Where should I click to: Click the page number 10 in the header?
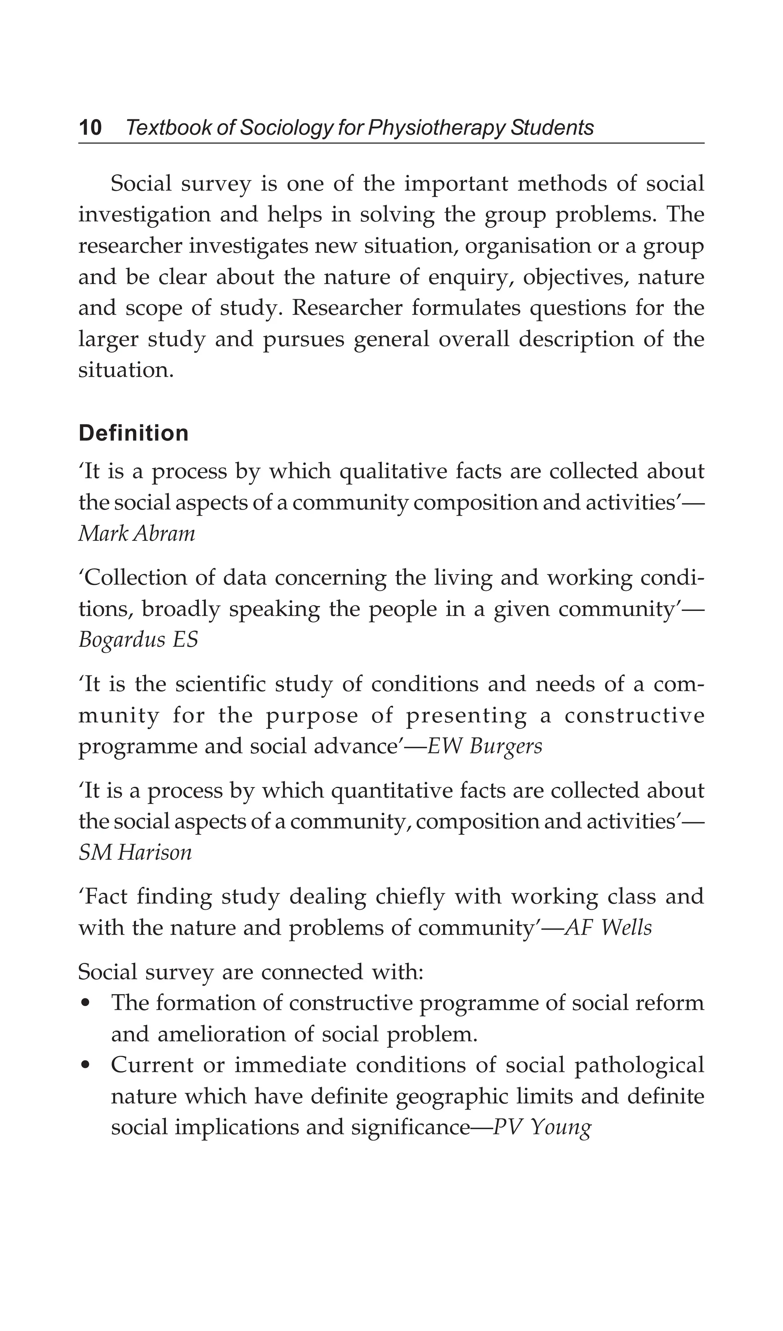(x=90, y=128)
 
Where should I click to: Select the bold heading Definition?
(x=133, y=433)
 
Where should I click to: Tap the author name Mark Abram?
(x=137, y=534)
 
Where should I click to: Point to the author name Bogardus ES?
(x=138, y=640)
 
